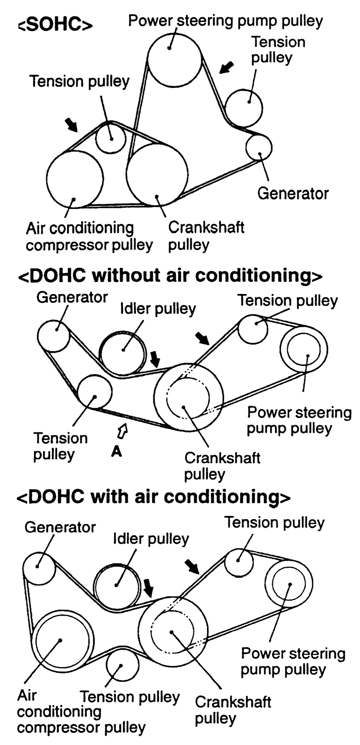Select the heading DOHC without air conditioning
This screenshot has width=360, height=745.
pos(170,276)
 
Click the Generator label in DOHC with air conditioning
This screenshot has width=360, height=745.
pos(60,527)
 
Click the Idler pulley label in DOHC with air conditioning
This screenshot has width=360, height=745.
pos(151,538)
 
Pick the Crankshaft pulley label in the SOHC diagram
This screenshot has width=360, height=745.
pos(206,236)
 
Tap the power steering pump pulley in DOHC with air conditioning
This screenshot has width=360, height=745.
pos(289,584)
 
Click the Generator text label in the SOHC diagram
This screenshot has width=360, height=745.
pos(293,193)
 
